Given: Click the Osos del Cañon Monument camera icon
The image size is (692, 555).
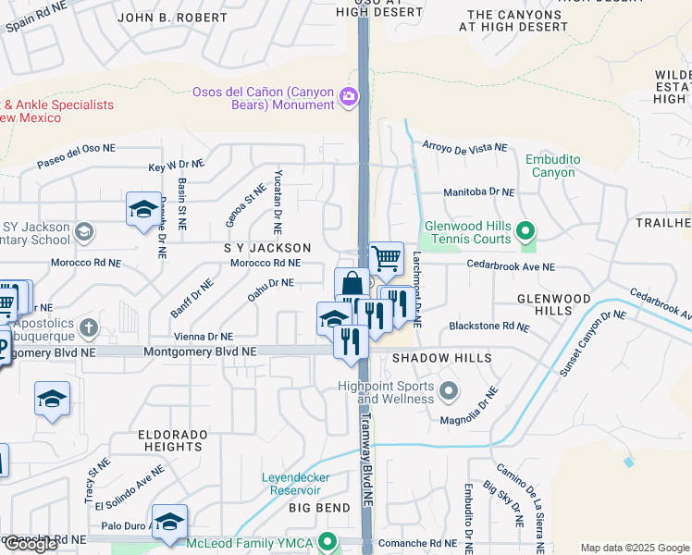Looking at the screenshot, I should tap(349, 96).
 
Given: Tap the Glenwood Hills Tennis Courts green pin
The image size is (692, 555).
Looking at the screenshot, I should tap(525, 230).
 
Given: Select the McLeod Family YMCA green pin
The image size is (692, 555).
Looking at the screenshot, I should tap(326, 542).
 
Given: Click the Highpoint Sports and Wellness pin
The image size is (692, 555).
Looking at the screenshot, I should tap(449, 390).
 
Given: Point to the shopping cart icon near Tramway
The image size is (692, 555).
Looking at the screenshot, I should tap(386, 258).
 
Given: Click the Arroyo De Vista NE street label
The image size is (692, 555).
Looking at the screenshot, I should tap(464, 147).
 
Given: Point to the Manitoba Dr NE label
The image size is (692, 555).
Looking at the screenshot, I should tap(477, 191).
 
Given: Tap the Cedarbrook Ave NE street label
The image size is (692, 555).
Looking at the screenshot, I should tap(511, 266).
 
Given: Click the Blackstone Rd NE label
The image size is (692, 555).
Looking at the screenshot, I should tap(488, 327).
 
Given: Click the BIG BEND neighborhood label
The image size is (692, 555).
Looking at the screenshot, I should tap(319, 508).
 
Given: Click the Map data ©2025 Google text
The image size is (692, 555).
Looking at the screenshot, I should tap(634, 548).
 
